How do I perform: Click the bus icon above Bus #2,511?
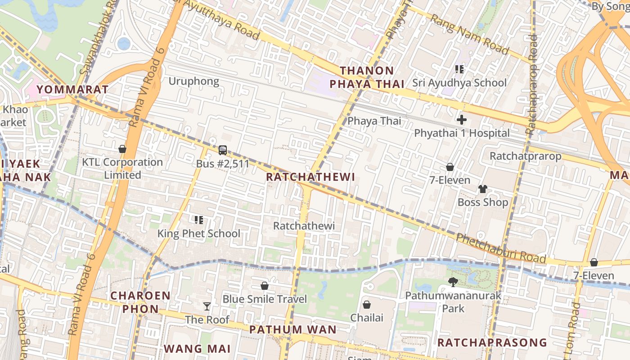click(223, 150)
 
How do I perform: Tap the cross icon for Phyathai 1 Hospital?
click(462, 120)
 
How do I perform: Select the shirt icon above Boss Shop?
click(483, 189)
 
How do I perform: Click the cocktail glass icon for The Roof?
click(207, 306)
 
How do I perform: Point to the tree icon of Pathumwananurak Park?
click(453, 282)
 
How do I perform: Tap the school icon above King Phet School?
click(199, 220)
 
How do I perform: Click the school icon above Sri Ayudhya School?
click(459, 69)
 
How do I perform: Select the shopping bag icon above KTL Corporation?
click(122, 149)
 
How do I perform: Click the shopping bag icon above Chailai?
click(367, 305)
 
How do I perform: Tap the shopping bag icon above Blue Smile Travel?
click(265, 286)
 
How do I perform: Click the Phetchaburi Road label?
click(501, 248)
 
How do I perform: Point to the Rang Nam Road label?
click(469, 34)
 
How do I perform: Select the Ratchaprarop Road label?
click(532, 85)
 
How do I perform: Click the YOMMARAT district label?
click(72, 89)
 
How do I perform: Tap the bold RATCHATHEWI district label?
click(310, 177)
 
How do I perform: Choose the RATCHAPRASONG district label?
click(492, 342)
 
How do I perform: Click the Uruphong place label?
click(193, 81)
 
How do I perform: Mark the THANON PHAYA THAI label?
click(367, 77)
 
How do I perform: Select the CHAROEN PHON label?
click(140, 302)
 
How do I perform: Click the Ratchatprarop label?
click(525, 156)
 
